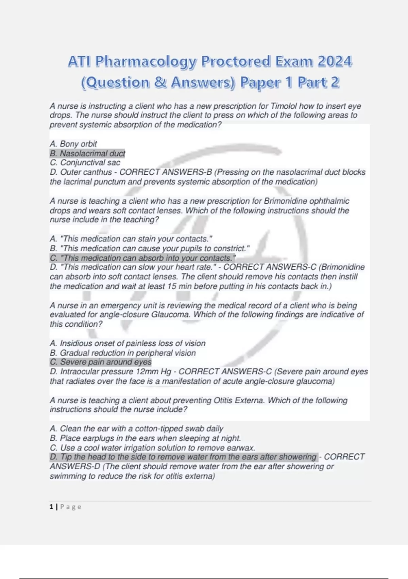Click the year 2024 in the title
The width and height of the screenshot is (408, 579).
click(335, 62)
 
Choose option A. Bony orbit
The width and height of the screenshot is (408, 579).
click(73, 144)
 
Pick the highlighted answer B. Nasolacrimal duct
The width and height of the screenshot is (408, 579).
click(87, 154)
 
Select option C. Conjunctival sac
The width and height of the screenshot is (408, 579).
click(85, 163)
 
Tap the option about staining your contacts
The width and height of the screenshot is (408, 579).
click(131, 239)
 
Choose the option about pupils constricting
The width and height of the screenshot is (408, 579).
click(150, 249)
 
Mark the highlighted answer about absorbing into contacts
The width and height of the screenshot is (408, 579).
click(142, 258)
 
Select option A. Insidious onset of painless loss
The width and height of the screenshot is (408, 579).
click(128, 343)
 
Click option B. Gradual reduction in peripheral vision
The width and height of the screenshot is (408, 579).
click(123, 353)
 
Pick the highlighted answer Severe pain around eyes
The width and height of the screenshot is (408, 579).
click(101, 362)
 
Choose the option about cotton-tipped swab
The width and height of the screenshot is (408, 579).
click(136, 428)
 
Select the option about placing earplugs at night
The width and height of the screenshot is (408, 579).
click(145, 438)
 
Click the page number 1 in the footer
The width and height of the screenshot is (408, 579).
click(51, 507)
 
